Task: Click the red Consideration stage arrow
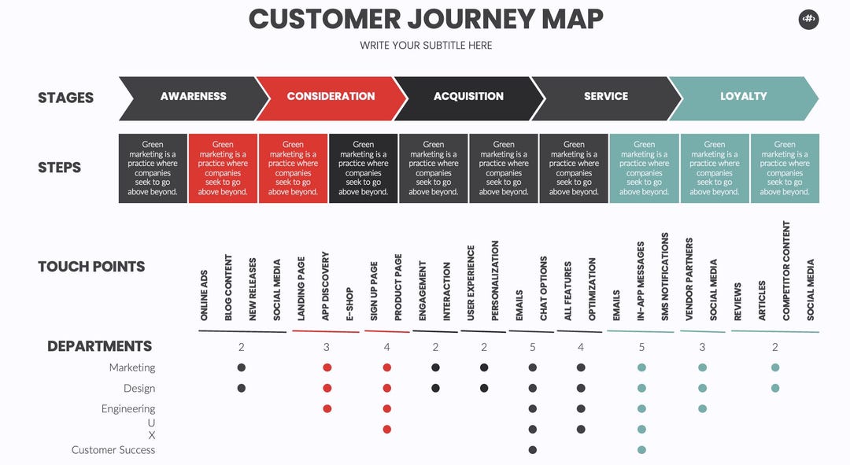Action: pyautogui.click(x=331, y=98)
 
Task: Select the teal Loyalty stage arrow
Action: pyautogui.click(x=743, y=98)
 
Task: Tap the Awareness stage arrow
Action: pyautogui.click(x=194, y=98)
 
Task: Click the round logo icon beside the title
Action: pyautogui.click(x=808, y=20)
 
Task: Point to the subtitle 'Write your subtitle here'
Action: pyautogui.click(x=426, y=46)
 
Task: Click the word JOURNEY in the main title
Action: pyautogui.click(x=471, y=20)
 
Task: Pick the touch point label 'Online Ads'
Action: pyautogui.click(x=204, y=295)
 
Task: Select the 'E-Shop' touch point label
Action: pyautogui.click(x=349, y=304)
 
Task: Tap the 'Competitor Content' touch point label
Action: pyautogui.click(x=786, y=271)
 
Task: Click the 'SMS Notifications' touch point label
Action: pyautogui.click(x=665, y=276)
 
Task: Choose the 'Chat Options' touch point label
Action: pyautogui.click(x=544, y=288)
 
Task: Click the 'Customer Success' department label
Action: pyautogui.click(x=113, y=450)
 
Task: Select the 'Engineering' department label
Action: pyautogui.click(x=128, y=408)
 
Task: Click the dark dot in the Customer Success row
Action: pyautogui.click(x=532, y=450)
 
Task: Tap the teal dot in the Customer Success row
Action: pyautogui.click(x=642, y=450)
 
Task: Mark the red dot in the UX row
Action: pyautogui.click(x=386, y=430)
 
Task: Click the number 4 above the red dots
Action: pyautogui.click(x=386, y=347)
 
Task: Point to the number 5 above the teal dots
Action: pyautogui.click(x=642, y=347)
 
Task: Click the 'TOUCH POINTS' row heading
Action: pyautogui.click(x=91, y=267)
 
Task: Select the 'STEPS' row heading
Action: pyautogui.click(x=60, y=168)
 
